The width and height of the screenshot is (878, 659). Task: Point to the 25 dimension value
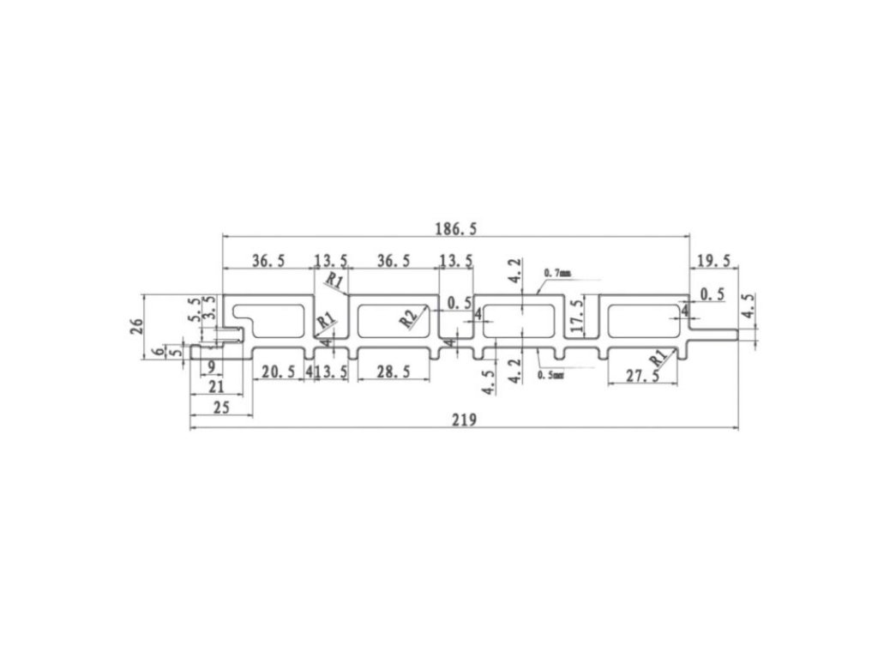pos(220,408)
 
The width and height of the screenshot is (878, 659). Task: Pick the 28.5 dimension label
pos(393,372)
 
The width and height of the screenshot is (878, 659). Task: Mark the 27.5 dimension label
pos(643,376)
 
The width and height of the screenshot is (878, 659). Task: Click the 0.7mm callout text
pos(557,274)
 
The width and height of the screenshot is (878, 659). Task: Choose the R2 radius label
pos(411,317)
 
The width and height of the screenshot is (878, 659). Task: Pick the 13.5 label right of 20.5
pos(333,372)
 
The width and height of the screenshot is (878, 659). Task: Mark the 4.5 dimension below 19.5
pos(749,308)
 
